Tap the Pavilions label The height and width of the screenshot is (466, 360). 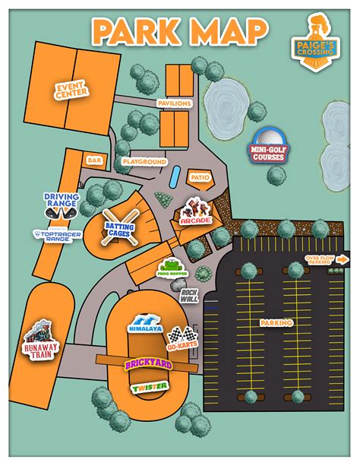click(175, 103)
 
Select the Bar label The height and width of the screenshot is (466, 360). click(94, 160)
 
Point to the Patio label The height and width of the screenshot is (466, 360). click(199, 177)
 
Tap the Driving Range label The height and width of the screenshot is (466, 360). click(62, 201)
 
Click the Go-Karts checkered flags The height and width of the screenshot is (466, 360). click(179, 337)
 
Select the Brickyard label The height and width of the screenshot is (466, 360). click(149, 366)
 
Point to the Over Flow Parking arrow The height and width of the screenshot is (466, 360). click(343, 259)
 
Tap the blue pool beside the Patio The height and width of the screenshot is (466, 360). click(175, 177)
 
